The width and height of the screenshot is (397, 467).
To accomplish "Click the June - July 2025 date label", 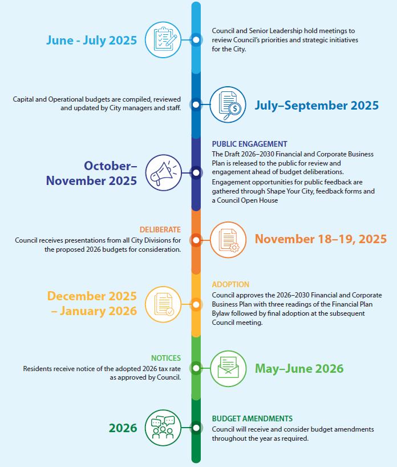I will click(x=91, y=40).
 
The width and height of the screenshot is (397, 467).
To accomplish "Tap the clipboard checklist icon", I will click(x=164, y=39).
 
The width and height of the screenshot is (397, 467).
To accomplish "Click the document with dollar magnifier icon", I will click(x=228, y=104).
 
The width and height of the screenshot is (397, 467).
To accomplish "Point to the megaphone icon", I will click(x=164, y=172).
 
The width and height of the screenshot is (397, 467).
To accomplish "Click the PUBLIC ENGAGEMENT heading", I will click(x=249, y=144).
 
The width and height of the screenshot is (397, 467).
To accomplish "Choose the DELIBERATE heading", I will click(x=160, y=230).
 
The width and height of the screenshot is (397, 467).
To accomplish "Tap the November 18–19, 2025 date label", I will click(x=321, y=239).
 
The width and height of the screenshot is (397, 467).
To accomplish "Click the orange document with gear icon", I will click(x=228, y=239).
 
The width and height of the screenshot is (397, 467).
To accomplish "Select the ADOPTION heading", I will click(x=230, y=284).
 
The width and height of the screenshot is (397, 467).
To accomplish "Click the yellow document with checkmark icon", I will click(x=164, y=303).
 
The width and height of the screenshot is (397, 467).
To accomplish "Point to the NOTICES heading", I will click(x=166, y=358).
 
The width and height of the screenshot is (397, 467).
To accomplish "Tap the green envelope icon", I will click(x=228, y=368).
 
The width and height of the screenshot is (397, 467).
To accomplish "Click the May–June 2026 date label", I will click(x=299, y=368).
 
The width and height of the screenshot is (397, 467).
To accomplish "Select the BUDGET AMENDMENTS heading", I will click(x=252, y=418).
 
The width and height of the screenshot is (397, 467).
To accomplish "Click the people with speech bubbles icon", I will click(x=164, y=428).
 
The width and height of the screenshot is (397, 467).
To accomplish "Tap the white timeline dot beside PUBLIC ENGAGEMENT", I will click(x=196, y=172).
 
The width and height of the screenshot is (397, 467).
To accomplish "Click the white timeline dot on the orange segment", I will click(x=196, y=240).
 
